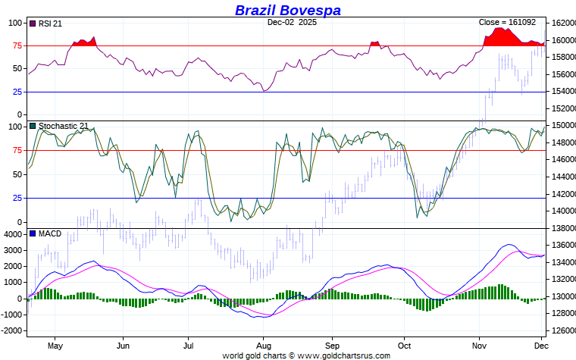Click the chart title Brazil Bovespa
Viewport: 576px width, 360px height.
pos(287,10)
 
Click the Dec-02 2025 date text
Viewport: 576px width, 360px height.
pos(292,23)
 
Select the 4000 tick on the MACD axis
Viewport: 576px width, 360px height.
pos(14,234)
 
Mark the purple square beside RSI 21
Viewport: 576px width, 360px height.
pos(32,23)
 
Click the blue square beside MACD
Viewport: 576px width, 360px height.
pos(32,233)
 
